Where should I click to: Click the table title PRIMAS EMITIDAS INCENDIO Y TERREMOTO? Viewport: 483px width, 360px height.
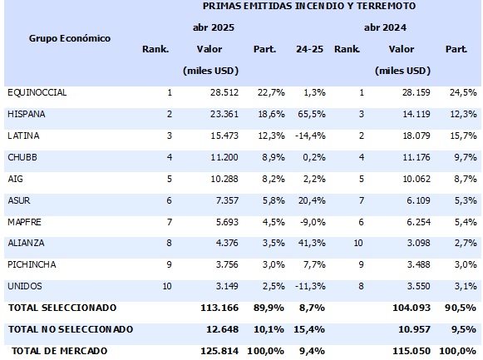(x=309, y=6)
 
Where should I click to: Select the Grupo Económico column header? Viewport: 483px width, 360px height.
(x=70, y=38)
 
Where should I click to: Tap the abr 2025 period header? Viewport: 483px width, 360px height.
(x=214, y=27)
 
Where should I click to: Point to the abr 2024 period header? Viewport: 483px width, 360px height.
(x=385, y=27)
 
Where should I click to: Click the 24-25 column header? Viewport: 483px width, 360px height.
(x=309, y=49)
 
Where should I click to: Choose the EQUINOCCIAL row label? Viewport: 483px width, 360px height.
(x=37, y=92)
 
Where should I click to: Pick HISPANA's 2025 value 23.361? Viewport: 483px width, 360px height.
(x=224, y=114)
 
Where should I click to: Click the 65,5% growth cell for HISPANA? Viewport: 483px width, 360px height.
(x=312, y=114)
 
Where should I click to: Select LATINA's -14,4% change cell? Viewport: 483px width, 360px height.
(x=310, y=136)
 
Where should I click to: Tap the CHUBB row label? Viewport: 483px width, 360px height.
(x=22, y=157)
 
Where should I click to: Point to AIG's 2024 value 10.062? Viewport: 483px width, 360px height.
(x=416, y=179)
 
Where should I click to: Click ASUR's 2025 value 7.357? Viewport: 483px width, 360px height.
(x=227, y=200)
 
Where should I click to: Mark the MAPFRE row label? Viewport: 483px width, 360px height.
(x=24, y=222)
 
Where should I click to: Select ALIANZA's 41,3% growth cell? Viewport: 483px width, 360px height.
(x=312, y=243)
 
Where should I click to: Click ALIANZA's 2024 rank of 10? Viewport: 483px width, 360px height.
(x=358, y=243)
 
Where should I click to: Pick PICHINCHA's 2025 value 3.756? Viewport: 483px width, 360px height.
(x=227, y=264)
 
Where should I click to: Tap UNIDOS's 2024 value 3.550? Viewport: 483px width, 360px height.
(x=419, y=286)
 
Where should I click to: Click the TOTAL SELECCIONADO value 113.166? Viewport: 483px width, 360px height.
(x=219, y=308)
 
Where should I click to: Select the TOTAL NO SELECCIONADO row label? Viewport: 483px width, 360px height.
(x=71, y=329)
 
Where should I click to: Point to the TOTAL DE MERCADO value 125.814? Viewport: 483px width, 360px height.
(x=219, y=351)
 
